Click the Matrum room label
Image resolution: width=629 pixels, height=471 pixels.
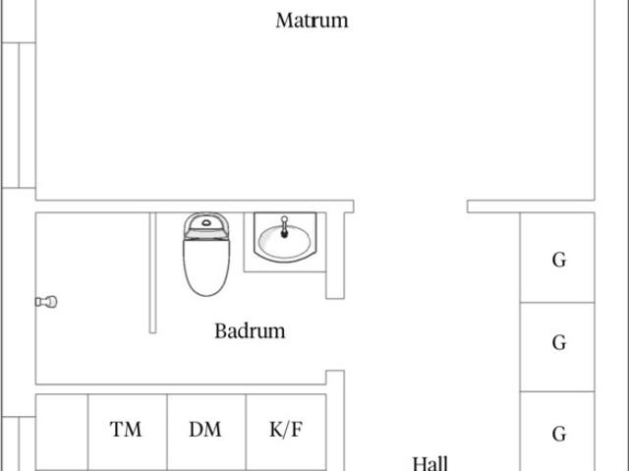[312, 21]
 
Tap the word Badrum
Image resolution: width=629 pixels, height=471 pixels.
[250, 331]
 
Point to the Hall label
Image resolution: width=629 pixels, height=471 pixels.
[430, 463]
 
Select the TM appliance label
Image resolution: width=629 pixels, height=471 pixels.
[126, 430]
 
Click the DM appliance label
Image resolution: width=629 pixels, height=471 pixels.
[205, 430]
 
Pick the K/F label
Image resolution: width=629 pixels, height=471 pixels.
[286, 430]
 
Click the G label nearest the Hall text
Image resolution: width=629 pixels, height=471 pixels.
[559, 434]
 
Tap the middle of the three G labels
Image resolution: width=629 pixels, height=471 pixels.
[559, 342]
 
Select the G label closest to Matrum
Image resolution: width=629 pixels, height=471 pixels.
[559, 260]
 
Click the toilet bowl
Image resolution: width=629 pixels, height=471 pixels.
[206, 266]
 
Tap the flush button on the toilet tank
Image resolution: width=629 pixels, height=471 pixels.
[206, 222]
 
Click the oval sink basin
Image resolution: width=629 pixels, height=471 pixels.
[284, 240]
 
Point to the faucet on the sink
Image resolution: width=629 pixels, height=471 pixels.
[284, 227]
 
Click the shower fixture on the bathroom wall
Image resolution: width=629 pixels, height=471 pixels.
[46, 302]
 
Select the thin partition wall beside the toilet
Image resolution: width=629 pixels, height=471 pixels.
[152, 272]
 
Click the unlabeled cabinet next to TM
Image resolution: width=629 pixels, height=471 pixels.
[62, 433]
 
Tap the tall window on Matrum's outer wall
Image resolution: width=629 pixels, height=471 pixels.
[19, 115]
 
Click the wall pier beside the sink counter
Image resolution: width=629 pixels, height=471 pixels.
[335, 256]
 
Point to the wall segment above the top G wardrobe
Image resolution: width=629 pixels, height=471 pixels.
[531, 206]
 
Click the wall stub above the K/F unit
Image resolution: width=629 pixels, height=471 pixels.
[335, 378]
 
